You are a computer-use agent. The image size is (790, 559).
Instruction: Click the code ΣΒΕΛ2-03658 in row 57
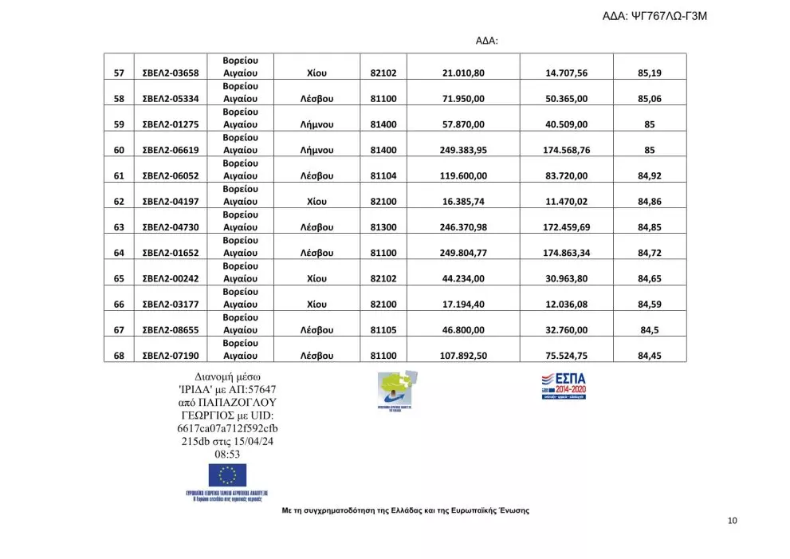(x=170, y=73)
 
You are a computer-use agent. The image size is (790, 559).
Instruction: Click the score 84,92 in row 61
(x=650, y=175)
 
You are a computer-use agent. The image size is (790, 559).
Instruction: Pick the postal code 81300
(x=383, y=227)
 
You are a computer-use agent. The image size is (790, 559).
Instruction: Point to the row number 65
(x=119, y=278)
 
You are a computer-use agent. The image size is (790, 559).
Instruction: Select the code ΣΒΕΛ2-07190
(x=170, y=356)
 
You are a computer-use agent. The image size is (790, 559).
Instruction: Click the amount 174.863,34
(x=566, y=253)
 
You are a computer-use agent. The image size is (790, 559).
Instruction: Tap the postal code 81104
(x=383, y=175)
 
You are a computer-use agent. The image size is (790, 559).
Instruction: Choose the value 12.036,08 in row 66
(x=566, y=304)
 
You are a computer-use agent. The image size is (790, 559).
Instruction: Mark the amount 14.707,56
(x=566, y=73)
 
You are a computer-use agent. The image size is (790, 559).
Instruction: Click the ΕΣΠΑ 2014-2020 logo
(x=564, y=384)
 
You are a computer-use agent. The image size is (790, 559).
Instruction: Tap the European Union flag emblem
(x=227, y=475)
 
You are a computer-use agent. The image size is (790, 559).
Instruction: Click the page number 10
(x=733, y=521)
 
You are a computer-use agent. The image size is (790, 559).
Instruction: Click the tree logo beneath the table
(x=397, y=390)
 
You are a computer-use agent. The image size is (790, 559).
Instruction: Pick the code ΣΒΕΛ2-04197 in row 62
(x=170, y=202)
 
